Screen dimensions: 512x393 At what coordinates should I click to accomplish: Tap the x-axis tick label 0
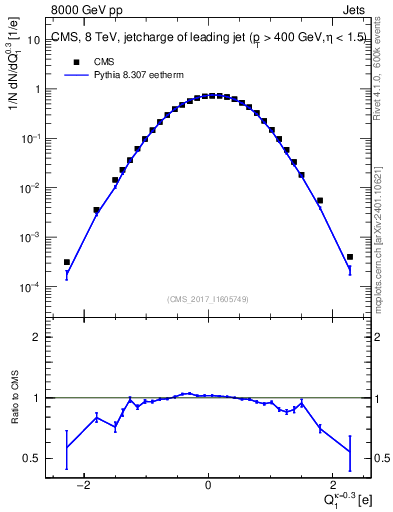(207, 486)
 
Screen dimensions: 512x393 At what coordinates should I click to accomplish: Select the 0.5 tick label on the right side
(382, 459)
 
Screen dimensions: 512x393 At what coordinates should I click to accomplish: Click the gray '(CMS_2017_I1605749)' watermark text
(207, 298)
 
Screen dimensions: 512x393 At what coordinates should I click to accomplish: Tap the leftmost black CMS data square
(66, 262)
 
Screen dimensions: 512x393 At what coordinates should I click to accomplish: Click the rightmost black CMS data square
(349, 257)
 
